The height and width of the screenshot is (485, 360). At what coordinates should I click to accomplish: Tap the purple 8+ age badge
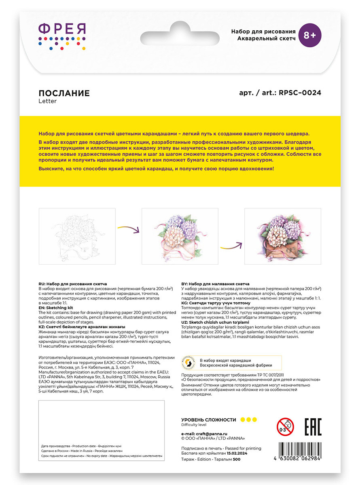coord(309,36)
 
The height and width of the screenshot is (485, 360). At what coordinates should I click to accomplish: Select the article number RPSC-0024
coord(300,93)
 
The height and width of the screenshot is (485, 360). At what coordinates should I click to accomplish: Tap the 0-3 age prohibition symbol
coord(285,427)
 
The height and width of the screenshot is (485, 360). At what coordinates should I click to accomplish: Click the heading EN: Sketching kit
coord(56,307)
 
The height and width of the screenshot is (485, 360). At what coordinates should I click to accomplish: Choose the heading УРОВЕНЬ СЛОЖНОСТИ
coord(208,420)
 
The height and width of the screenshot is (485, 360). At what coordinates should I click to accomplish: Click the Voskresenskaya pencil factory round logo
coord(189,362)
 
